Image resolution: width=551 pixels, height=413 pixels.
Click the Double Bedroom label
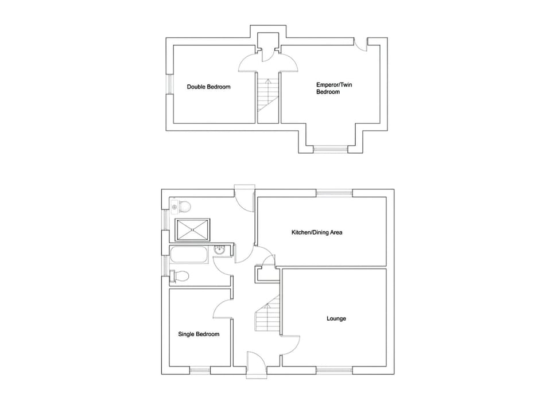[208, 87]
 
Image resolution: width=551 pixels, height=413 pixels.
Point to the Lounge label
[336, 318]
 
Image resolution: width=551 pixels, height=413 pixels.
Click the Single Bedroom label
[199, 334]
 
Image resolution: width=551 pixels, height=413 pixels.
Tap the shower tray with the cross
[192, 229]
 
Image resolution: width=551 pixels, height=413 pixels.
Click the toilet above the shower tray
[183, 206]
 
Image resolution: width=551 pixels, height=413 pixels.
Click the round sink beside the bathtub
[219, 250]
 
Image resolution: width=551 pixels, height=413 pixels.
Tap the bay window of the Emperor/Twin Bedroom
[331, 149]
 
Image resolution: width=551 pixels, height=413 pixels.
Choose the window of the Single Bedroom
[200, 370]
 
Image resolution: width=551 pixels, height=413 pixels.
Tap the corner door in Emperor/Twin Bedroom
[360, 46]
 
